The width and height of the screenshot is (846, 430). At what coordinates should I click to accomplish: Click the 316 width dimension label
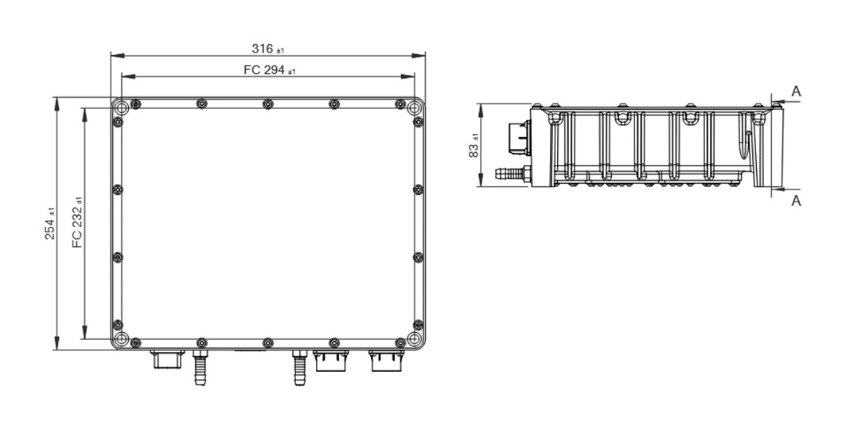click(267, 49)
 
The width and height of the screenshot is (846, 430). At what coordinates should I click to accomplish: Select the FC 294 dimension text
click(270, 70)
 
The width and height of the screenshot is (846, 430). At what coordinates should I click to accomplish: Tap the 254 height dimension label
click(49, 224)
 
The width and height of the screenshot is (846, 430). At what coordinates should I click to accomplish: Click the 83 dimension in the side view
click(474, 146)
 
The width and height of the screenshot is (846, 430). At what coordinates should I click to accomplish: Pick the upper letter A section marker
click(796, 92)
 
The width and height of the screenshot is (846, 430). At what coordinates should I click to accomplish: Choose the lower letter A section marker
click(796, 201)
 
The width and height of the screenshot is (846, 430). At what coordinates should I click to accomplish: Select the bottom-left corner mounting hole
click(122, 338)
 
